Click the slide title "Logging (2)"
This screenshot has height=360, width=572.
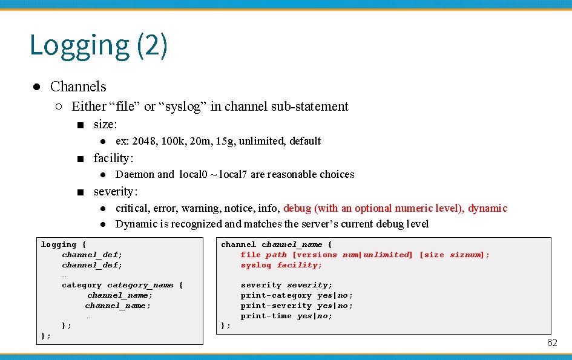pyautogui.click(x=98, y=45)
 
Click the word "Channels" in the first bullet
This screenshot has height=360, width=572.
pyautogui.click(x=78, y=87)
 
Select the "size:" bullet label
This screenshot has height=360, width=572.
pyautogui.click(x=105, y=125)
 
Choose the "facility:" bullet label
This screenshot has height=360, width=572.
pyautogui.click(x=113, y=159)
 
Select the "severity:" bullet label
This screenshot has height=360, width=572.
pyautogui.click(x=116, y=192)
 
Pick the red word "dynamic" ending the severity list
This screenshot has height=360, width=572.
pyautogui.click(x=487, y=208)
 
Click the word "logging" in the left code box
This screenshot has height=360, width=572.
pyautogui.click(x=59, y=244)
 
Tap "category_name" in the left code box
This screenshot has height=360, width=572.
pyautogui.click(x=140, y=285)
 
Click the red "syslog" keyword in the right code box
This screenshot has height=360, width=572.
pyautogui.click(x=256, y=265)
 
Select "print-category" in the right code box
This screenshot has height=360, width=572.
pyautogui.click(x=276, y=295)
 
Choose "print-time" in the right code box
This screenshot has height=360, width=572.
pyautogui.click(x=266, y=316)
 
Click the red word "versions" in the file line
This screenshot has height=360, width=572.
pyautogui.click(x=317, y=255)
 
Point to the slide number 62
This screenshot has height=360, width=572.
pyautogui.click(x=552, y=343)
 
